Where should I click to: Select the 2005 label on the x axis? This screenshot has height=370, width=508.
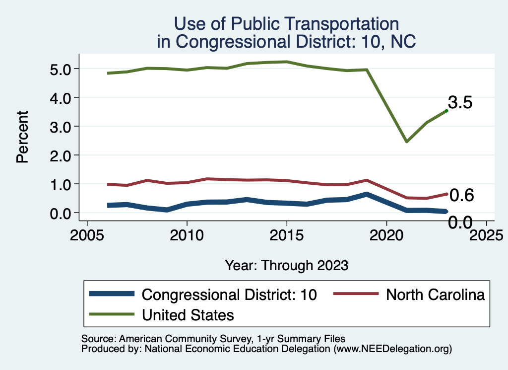(87, 233)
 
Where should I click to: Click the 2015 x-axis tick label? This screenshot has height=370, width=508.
(286, 233)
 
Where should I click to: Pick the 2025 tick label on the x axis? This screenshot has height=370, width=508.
(486, 233)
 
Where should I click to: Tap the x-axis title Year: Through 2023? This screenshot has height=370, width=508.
(286, 265)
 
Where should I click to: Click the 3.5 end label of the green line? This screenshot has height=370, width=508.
(460, 103)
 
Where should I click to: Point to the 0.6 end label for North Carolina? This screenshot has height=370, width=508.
(461, 196)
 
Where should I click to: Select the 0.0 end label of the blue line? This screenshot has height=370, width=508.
(460, 222)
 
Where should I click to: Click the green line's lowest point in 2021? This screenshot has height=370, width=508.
(406, 142)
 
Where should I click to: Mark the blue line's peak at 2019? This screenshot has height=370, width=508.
(366, 194)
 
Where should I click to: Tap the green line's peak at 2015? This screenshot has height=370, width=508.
(286, 62)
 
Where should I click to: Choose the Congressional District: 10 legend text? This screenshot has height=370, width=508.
(229, 295)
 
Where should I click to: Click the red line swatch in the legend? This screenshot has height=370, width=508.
(356, 294)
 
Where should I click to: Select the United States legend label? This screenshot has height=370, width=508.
(188, 314)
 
